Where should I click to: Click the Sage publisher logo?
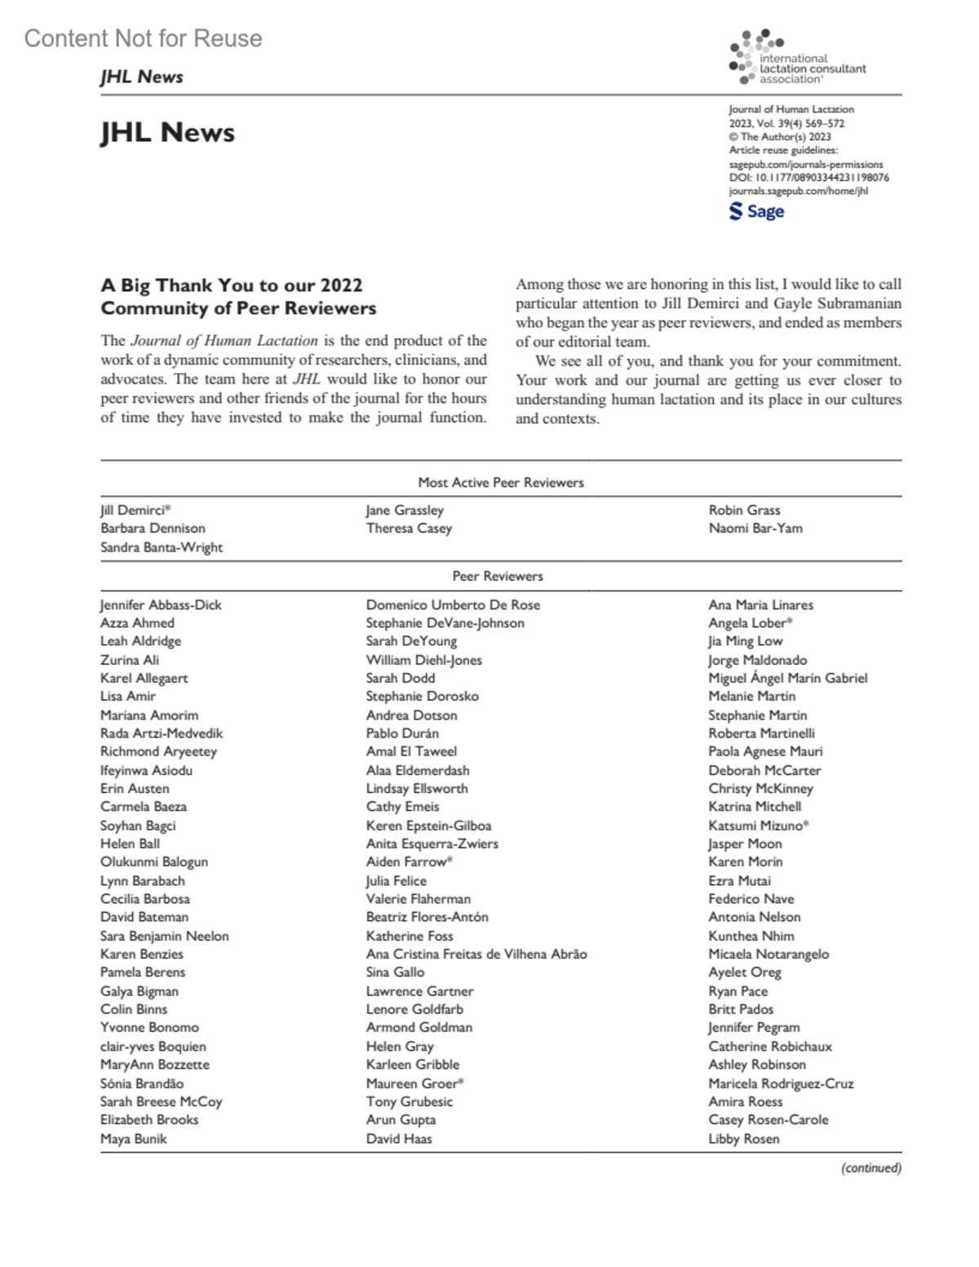(x=756, y=211)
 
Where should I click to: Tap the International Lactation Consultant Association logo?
(x=797, y=59)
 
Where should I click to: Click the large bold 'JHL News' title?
(x=167, y=132)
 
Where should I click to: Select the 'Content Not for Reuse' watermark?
(x=143, y=38)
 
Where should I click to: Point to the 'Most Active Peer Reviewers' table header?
(x=501, y=482)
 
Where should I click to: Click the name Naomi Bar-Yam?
(x=755, y=528)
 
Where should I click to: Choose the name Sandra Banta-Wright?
(x=162, y=547)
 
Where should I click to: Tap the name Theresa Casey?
(x=409, y=528)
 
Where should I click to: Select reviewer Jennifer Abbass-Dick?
(x=161, y=605)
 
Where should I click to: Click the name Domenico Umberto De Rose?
(x=453, y=605)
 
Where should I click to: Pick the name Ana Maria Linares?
(x=760, y=605)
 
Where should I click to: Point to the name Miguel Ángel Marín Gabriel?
(x=787, y=678)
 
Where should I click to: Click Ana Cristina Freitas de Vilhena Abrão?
(x=476, y=954)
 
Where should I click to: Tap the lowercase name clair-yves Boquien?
(x=153, y=1046)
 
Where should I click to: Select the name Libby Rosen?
(x=744, y=1139)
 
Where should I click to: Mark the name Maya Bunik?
(x=134, y=1139)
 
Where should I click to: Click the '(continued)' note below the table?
(x=871, y=1168)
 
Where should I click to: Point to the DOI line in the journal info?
(x=808, y=177)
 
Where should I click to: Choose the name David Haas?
(x=399, y=1139)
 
